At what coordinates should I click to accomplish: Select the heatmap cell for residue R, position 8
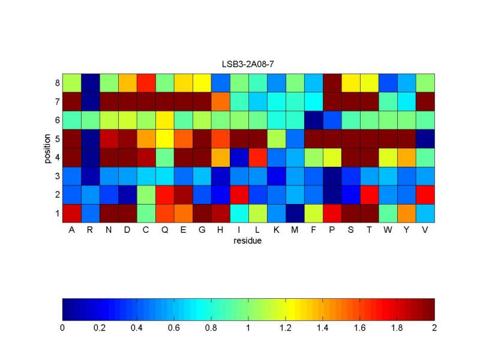tap(90, 82)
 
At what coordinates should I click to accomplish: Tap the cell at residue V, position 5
tap(425, 138)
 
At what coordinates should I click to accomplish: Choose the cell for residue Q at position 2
tap(164, 194)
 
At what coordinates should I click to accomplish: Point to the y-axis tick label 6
tap(57, 119)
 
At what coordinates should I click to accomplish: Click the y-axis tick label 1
tap(57, 213)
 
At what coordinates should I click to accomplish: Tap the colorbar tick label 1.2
tap(286, 328)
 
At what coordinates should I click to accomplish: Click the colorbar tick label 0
tap(62, 328)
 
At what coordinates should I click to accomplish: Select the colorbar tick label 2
tap(434, 328)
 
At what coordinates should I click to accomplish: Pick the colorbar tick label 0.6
tap(174, 328)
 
